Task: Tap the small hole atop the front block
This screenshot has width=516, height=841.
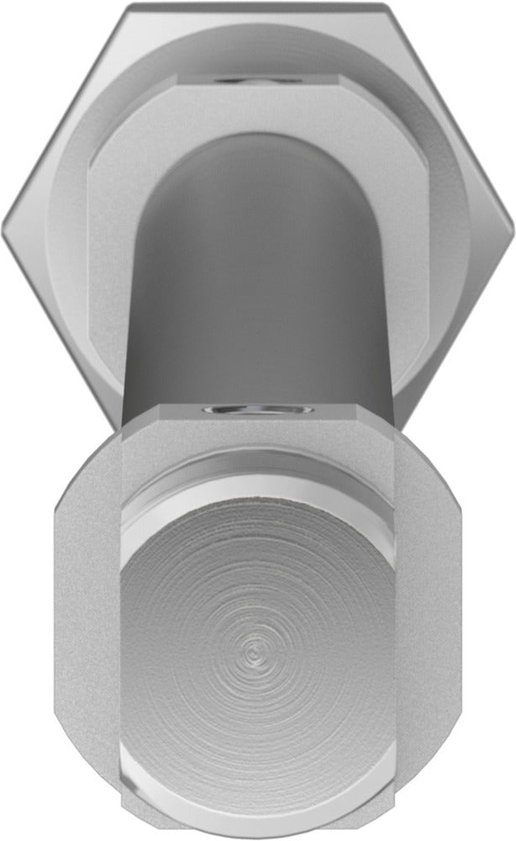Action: pyautogui.click(x=257, y=410)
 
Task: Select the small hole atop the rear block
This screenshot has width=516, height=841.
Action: pyautogui.click(x=256, y=80)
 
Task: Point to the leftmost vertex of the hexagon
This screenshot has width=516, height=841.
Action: pyautogui.click(x=3, y=224)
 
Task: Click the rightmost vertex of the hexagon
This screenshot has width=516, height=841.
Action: pyautogui.click(x=513, y=224)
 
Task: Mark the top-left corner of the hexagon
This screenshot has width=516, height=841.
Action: pyautogui.click(x=128, y=6)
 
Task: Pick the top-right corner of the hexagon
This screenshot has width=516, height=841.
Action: pyautogui.click(x=388, y=6)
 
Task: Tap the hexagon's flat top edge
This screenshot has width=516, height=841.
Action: pyautogui.click(x=257, y=5)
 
